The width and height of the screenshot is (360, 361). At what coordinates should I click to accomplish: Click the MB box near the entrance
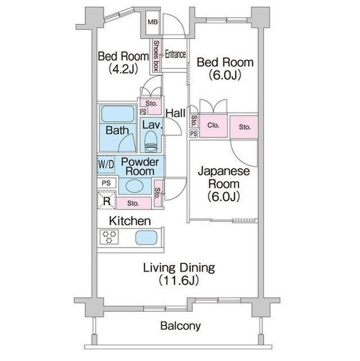pos(153,23)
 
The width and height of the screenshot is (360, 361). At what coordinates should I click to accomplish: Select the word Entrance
pos(175,55)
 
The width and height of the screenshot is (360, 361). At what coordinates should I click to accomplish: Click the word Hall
pos(175,113)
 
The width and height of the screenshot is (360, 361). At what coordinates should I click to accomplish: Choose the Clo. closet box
pos(213,126)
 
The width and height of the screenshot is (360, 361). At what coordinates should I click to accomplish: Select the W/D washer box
pos(106,165)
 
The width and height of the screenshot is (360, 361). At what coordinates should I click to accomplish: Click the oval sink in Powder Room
pos(134,186)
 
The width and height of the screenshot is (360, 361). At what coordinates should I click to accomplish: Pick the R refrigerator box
pos(106,199)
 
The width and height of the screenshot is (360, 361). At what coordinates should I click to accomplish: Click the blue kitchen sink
pos(144,237)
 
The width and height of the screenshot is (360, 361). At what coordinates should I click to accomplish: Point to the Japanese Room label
pos(224,184)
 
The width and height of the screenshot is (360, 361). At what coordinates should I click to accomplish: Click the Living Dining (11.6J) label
pos(178,273)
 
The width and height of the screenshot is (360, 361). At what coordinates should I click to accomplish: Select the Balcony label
pos(180,325)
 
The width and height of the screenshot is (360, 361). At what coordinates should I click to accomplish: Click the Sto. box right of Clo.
pos(244,126)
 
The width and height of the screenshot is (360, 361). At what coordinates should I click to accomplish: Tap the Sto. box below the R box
pos(133,203)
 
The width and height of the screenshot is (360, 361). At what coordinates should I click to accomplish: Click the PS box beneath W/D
pos(106,183)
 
